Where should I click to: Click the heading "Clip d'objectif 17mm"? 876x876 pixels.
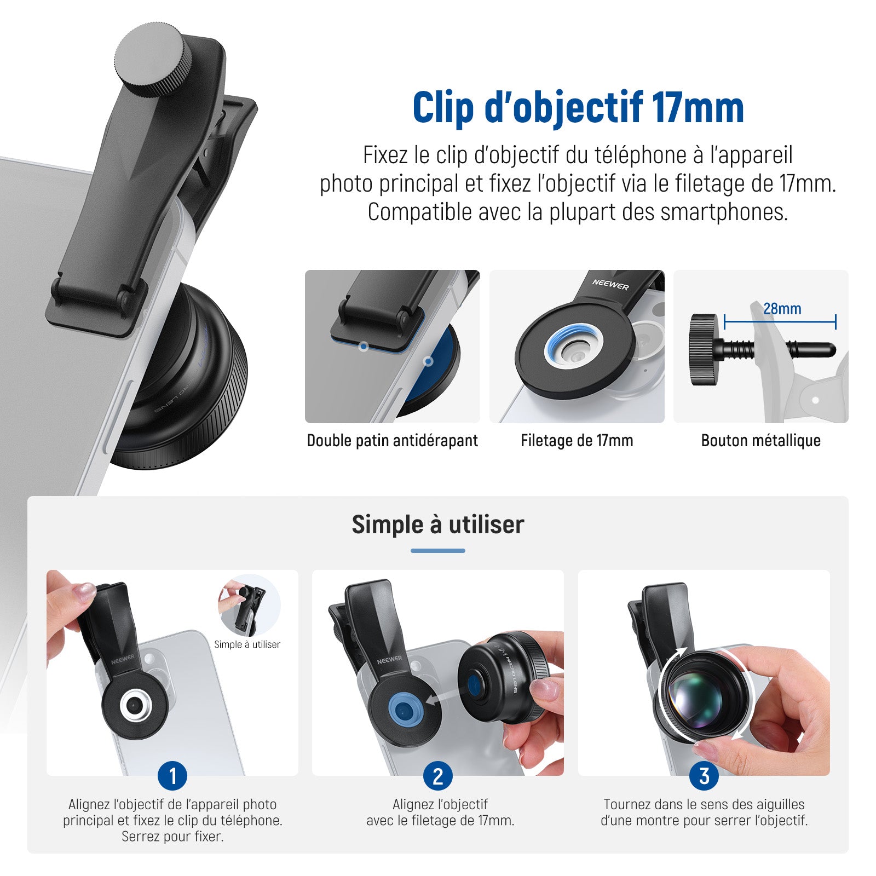(x=578, y=108)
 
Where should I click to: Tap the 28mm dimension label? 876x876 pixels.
(x=782, y=309)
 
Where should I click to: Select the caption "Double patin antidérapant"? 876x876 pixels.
(x=392, y=441)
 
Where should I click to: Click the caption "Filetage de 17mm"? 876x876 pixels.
(x=577, y=441)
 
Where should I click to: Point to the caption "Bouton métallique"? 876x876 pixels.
(x=760, y=441)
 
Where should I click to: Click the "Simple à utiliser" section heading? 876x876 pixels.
(x=438, y=525)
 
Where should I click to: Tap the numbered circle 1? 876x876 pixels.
(x=172, y=776)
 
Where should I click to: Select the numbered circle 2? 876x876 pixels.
(x=438, y=776)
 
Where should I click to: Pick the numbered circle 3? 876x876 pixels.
(x=704, y=776)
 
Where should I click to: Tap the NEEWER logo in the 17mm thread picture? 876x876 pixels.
(x=610, y=284)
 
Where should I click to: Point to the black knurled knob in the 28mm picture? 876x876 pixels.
(x=704, y=349)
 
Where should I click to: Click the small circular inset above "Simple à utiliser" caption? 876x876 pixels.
(x=249, y=606)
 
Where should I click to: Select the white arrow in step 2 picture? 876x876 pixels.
(x=443, y=699)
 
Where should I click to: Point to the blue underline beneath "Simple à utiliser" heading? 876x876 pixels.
(x=438, y=551)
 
